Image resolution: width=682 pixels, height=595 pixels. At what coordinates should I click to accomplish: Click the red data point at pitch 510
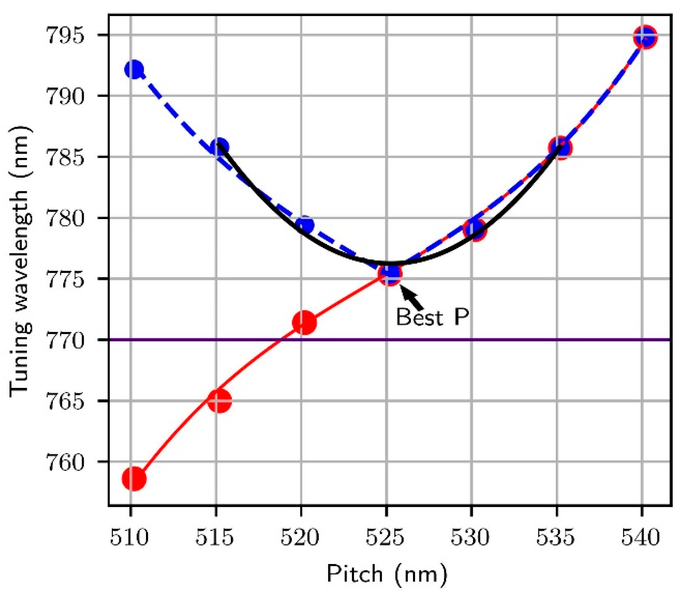[x=134, y=478]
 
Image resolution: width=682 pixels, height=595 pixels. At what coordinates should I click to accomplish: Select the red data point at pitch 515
[x=219, y=401]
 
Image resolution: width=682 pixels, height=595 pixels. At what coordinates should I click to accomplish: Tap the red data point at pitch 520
[x=304, y=322]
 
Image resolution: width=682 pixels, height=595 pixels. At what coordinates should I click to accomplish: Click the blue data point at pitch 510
[x=134, y=70]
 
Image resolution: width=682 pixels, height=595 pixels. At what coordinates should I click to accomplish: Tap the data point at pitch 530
[x=475, y=229]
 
